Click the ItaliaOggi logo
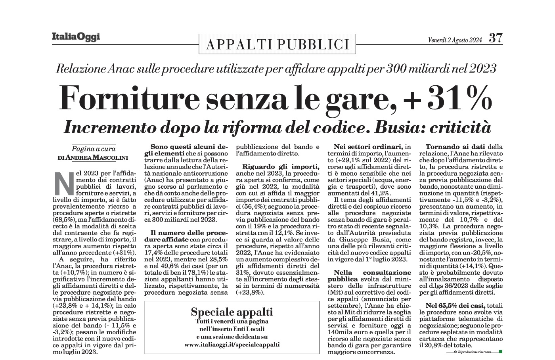pyautogui.click(x=76, y=37)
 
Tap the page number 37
pyautogui.click(x=496, y=38)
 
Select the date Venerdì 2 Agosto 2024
pyautogui.click(x=455, y=40)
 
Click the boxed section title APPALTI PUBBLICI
pyautogui.click(x=277, y=44)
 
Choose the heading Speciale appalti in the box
pyautogui.click(x=232, y=311)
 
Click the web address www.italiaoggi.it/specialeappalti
pyautogui.click(x=232, y=344)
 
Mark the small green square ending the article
pyautogui.click(x=501, y=352)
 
